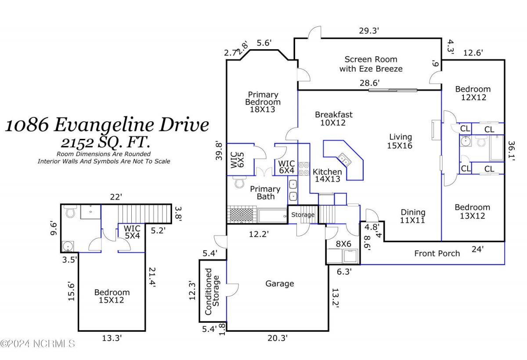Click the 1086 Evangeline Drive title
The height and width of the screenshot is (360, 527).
[107, 125]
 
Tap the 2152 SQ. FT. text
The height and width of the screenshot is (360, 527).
[107, 142]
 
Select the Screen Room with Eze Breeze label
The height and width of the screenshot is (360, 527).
[371, 64]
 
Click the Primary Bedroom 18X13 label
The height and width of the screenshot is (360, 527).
[263, 102]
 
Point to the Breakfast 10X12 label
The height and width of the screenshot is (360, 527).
[333, 119]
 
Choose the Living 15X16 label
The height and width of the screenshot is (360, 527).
[400, 141]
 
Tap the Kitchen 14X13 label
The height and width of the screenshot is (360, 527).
[327, 175]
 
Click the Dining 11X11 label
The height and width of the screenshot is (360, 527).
[413, 217]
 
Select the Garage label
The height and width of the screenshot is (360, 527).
[279, 284]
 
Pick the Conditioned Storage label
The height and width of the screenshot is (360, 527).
[212, 291]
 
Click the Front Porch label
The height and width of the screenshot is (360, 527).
[437, 253]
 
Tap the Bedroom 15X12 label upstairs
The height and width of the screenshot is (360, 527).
[112, 296]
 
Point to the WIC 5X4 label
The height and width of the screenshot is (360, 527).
[131, 232]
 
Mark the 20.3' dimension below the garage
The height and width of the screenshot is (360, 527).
[278, 338]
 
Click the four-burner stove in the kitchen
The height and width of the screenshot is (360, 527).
[304, 169]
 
